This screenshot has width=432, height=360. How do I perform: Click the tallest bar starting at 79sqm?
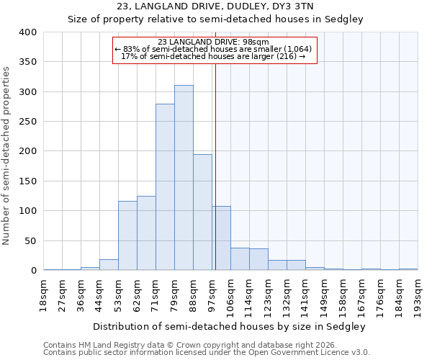click(x=184, y=178)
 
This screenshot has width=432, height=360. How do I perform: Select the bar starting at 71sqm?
click(x=165, y=187)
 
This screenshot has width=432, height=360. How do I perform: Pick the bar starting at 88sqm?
click(x=202, y=212)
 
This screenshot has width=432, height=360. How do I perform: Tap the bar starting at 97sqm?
click(x=221, y=238)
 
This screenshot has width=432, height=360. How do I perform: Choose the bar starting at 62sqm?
click(x=146, y=233)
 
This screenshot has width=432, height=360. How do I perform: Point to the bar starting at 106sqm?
click(x=240, y=259)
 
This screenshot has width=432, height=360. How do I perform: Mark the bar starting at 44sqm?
click(x=109, y=265)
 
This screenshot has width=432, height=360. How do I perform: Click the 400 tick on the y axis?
click(x=28, y=32)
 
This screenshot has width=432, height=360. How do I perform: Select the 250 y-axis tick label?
click(x=28, y=122)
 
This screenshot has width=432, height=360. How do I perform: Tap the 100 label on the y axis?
click(x=28, y=211)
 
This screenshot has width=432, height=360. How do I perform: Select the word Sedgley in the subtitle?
click(x=346, y=19)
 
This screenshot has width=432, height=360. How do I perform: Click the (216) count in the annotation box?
click(x=287, y=56)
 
